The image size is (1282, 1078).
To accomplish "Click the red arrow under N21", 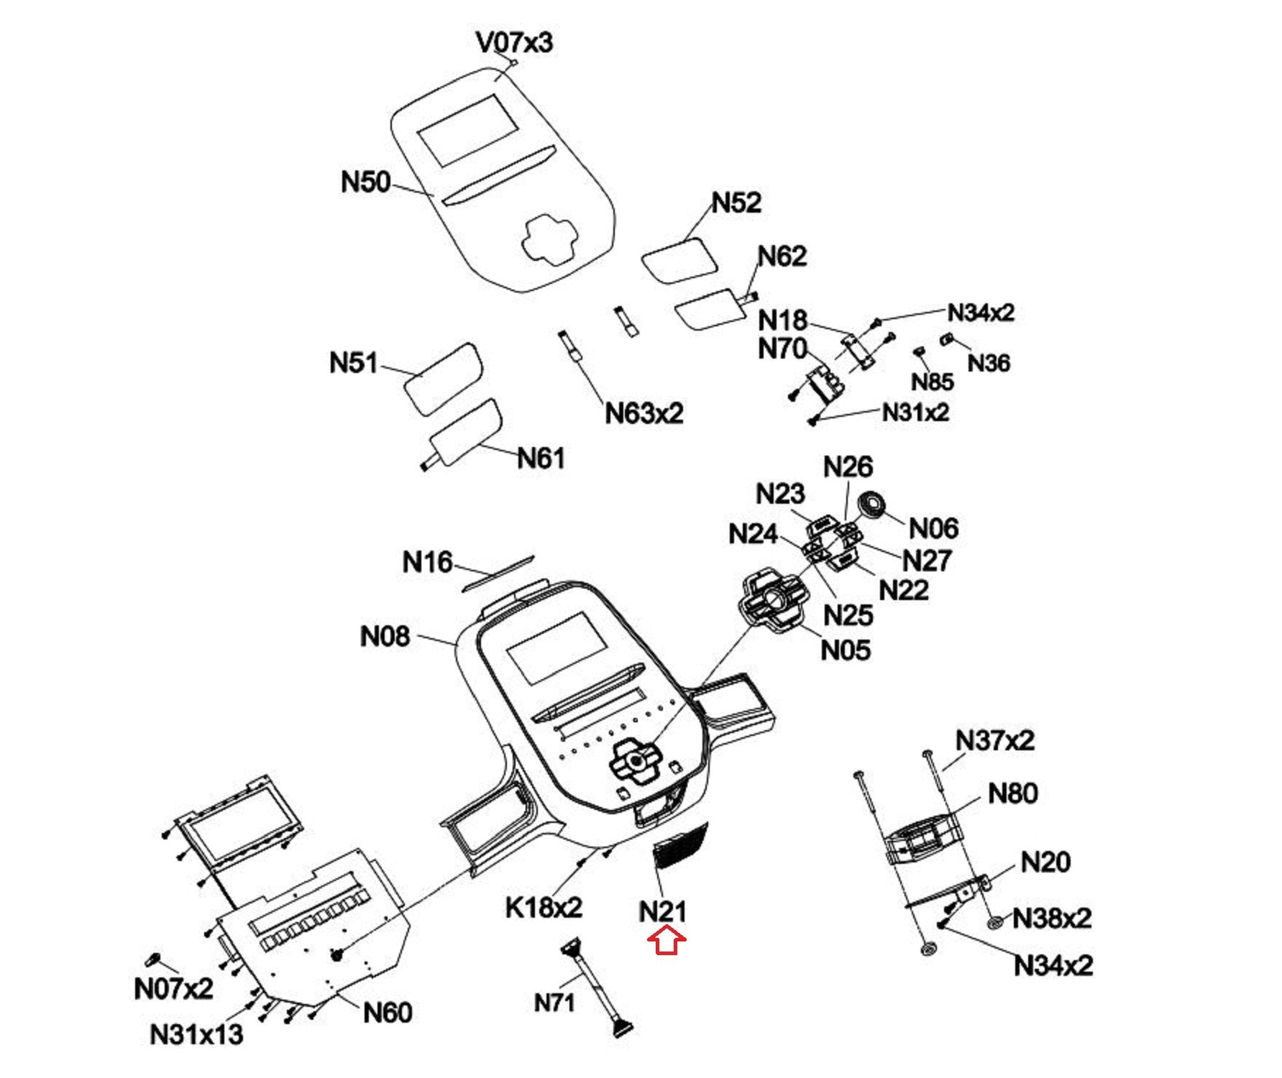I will [667, 941].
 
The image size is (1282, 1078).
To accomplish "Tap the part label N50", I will [365, 182].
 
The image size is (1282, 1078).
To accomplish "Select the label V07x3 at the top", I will [514, 42].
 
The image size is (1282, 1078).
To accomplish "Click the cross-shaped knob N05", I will [772, 600].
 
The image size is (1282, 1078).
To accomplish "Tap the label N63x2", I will [644, 413].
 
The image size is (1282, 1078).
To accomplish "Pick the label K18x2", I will [544, 908].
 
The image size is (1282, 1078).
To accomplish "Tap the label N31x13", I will [196, 1035].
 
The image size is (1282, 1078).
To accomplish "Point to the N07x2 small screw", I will [152, 959].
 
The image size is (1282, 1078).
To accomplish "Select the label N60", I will [388, 1013].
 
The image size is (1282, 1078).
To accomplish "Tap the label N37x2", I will [994, 740].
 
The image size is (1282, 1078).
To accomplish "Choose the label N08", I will [385, 636].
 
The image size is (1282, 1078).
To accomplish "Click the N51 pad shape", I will [442, 378].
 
